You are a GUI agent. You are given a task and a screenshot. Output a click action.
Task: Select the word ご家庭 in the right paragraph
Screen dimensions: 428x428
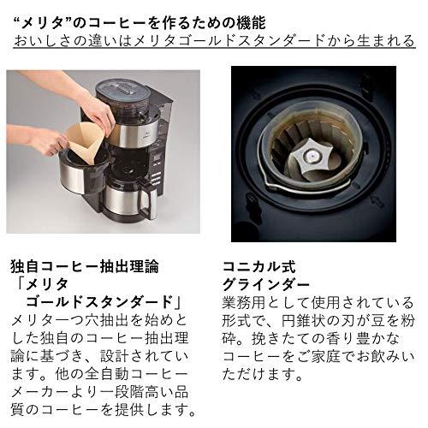330,367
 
